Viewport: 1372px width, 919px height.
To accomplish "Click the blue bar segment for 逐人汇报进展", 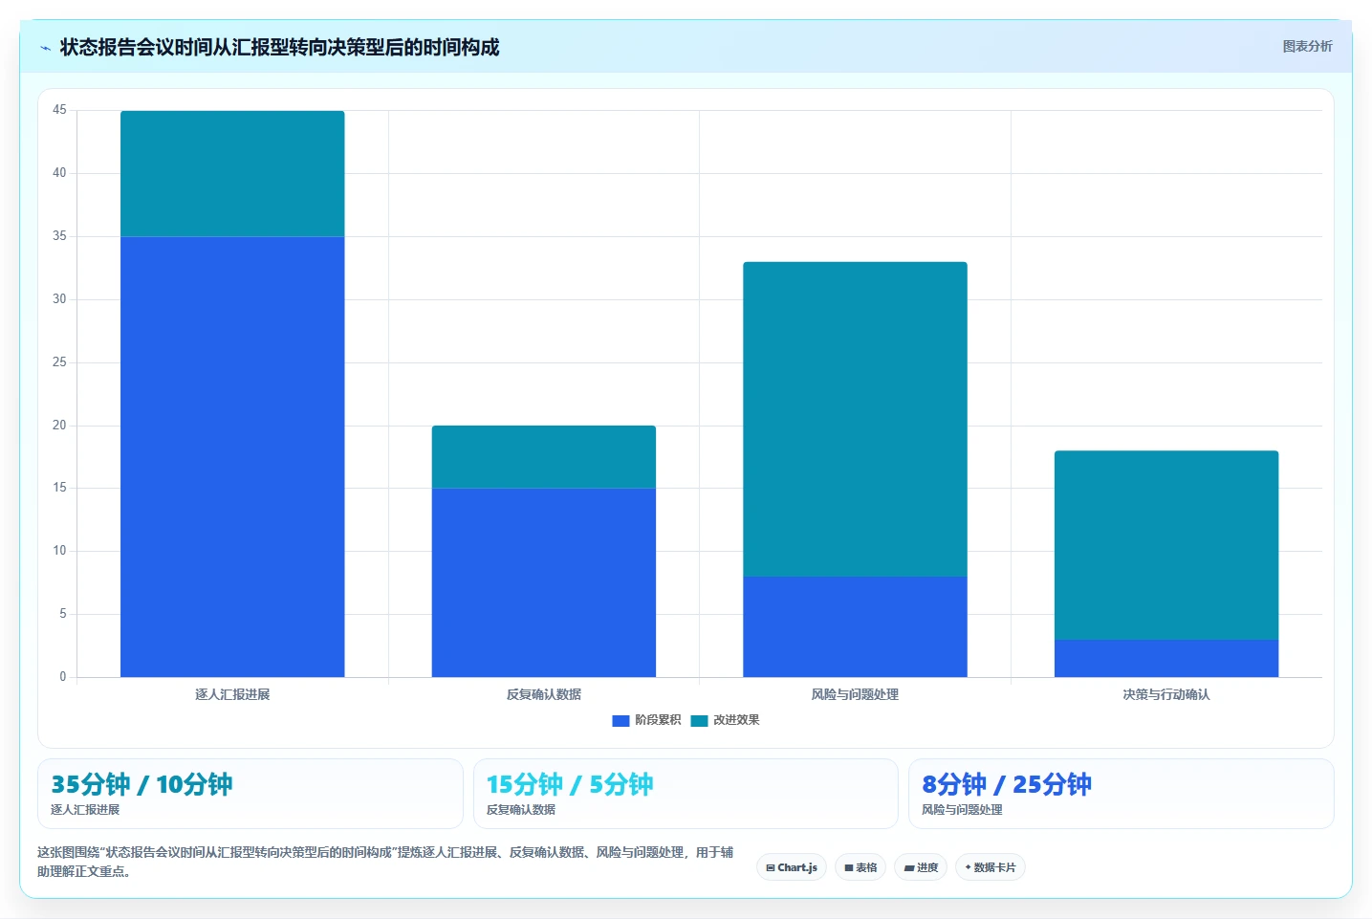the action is (x=232, y=456).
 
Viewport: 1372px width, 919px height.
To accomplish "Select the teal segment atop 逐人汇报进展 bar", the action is (x=232, y=173).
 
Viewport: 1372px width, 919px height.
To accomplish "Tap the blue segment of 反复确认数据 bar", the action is (x=544, y=582).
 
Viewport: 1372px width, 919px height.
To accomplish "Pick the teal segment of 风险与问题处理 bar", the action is (x=855, y=419).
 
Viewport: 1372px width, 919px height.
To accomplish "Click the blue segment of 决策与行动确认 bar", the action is (x=1166, y=659).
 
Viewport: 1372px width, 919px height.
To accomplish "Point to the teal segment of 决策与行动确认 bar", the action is (x=1166, y=545).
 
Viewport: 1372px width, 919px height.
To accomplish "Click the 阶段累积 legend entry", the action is (x=646, y=720).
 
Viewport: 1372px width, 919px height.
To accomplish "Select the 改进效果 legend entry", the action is (x=725, y=720).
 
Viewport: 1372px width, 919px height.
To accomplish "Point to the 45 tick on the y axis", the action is (x=59, y=110).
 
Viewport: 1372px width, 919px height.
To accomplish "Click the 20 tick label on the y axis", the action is (x=59, y=425).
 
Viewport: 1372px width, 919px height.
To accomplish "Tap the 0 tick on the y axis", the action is (x=62, y=676).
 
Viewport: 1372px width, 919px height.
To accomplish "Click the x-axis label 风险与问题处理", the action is (x=855, y=694).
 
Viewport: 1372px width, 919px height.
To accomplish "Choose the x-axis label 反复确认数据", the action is (x=544, y=694).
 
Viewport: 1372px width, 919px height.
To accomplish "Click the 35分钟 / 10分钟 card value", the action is (x=142, y=784).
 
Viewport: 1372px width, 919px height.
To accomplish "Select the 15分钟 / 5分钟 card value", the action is (x=570, y=784).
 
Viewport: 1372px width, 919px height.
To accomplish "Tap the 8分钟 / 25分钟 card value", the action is (x=1007, y=784).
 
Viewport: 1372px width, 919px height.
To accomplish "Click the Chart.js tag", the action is (x=792, y=867).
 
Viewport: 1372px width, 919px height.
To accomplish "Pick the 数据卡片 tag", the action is (x=991, y=867).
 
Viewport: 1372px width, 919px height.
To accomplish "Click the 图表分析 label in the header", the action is (x=1308, y=47).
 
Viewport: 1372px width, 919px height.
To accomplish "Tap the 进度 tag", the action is (x=921, y=867).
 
